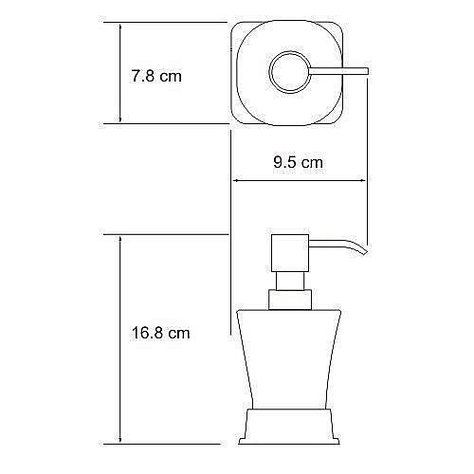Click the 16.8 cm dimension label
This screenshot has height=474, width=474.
click(x=159, y=333)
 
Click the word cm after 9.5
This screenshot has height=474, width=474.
click(x=313, y=162)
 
